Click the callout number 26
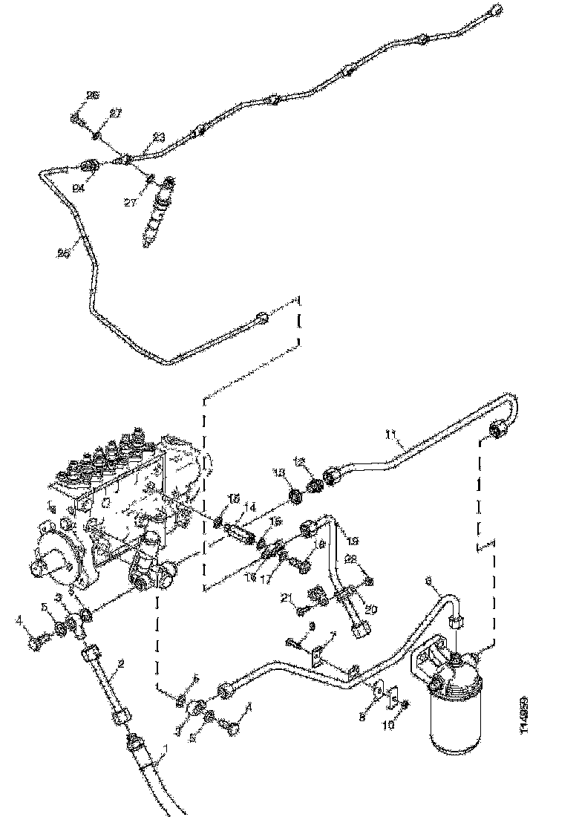tap(93, 95)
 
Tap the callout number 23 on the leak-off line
tap(158, 137)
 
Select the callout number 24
tap(77, 188)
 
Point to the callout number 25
tap(64, 253)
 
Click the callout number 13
tap(278, 473)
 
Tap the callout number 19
tap(353, 540)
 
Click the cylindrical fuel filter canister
tap(453, 713)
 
